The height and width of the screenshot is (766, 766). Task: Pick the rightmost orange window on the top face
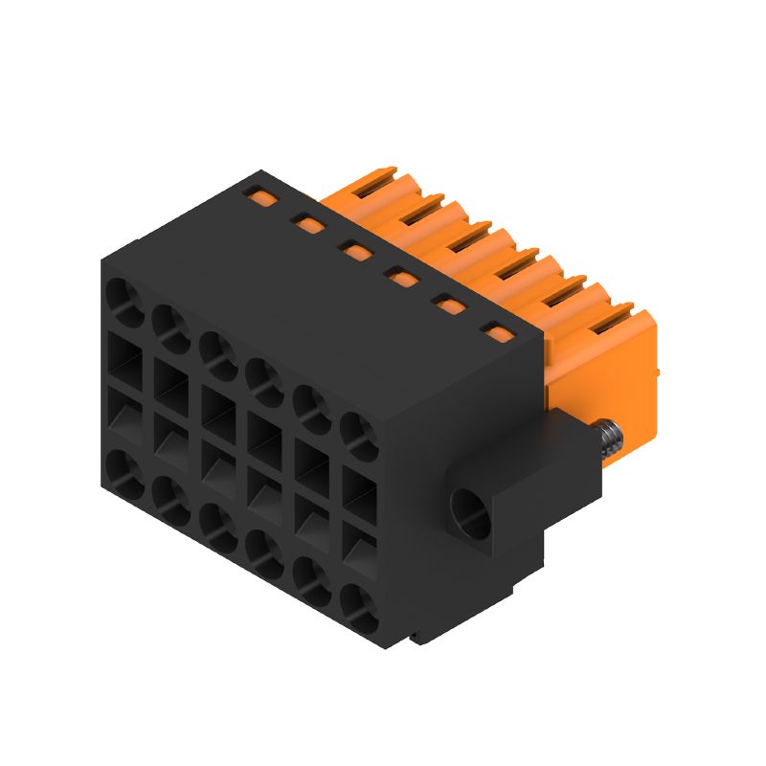(x=497, y=333)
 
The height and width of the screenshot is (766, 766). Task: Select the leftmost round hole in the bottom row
(x=124, y=471)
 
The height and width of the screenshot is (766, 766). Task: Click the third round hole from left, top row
(x=218, y=352)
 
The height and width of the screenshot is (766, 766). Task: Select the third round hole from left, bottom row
(x=218, y=525)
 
